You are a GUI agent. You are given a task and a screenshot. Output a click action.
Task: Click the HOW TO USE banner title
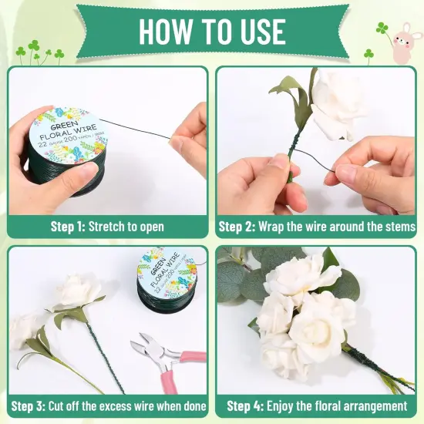(212, 31)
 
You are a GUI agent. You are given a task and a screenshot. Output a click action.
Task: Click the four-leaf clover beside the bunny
(382, 29)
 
